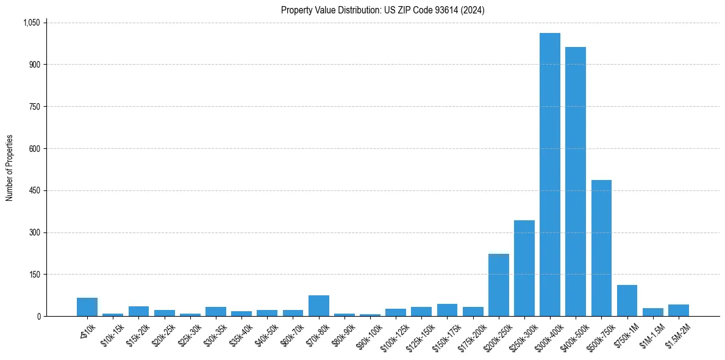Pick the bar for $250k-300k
pos(524,268)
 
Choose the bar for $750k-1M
pos(627,301)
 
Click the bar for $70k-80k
pos(318,306)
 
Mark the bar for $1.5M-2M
pos(678,310)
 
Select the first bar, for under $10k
pos(87,307)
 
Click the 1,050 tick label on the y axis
pos(31,23)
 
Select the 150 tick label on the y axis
pos(34,275)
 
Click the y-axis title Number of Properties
pos(9,168)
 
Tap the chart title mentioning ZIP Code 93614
pos(383,10)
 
